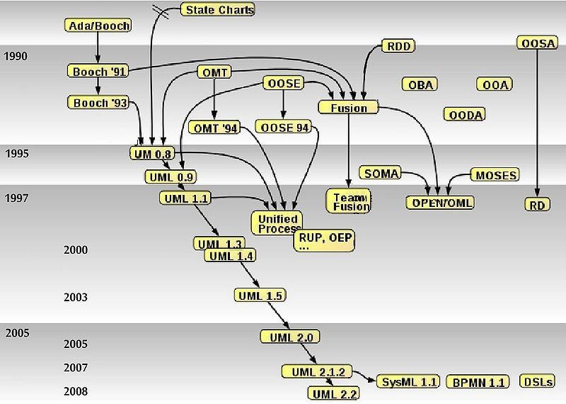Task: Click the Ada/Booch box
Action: coord(99,26)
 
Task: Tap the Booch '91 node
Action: coord(99,71)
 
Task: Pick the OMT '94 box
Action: coord(214,128)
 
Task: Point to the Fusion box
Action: coord(349,108)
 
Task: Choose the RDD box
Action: coord(398,47)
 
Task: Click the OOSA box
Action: coord(538,44)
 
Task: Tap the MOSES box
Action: coord(496,174)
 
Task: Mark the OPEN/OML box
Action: coord(439,203)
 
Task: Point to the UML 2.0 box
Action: coord(291,337)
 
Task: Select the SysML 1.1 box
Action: coord(409,382)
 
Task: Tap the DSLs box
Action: coord(537,381)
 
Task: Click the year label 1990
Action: coord(16,57)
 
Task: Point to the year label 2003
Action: coord(76,298)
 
